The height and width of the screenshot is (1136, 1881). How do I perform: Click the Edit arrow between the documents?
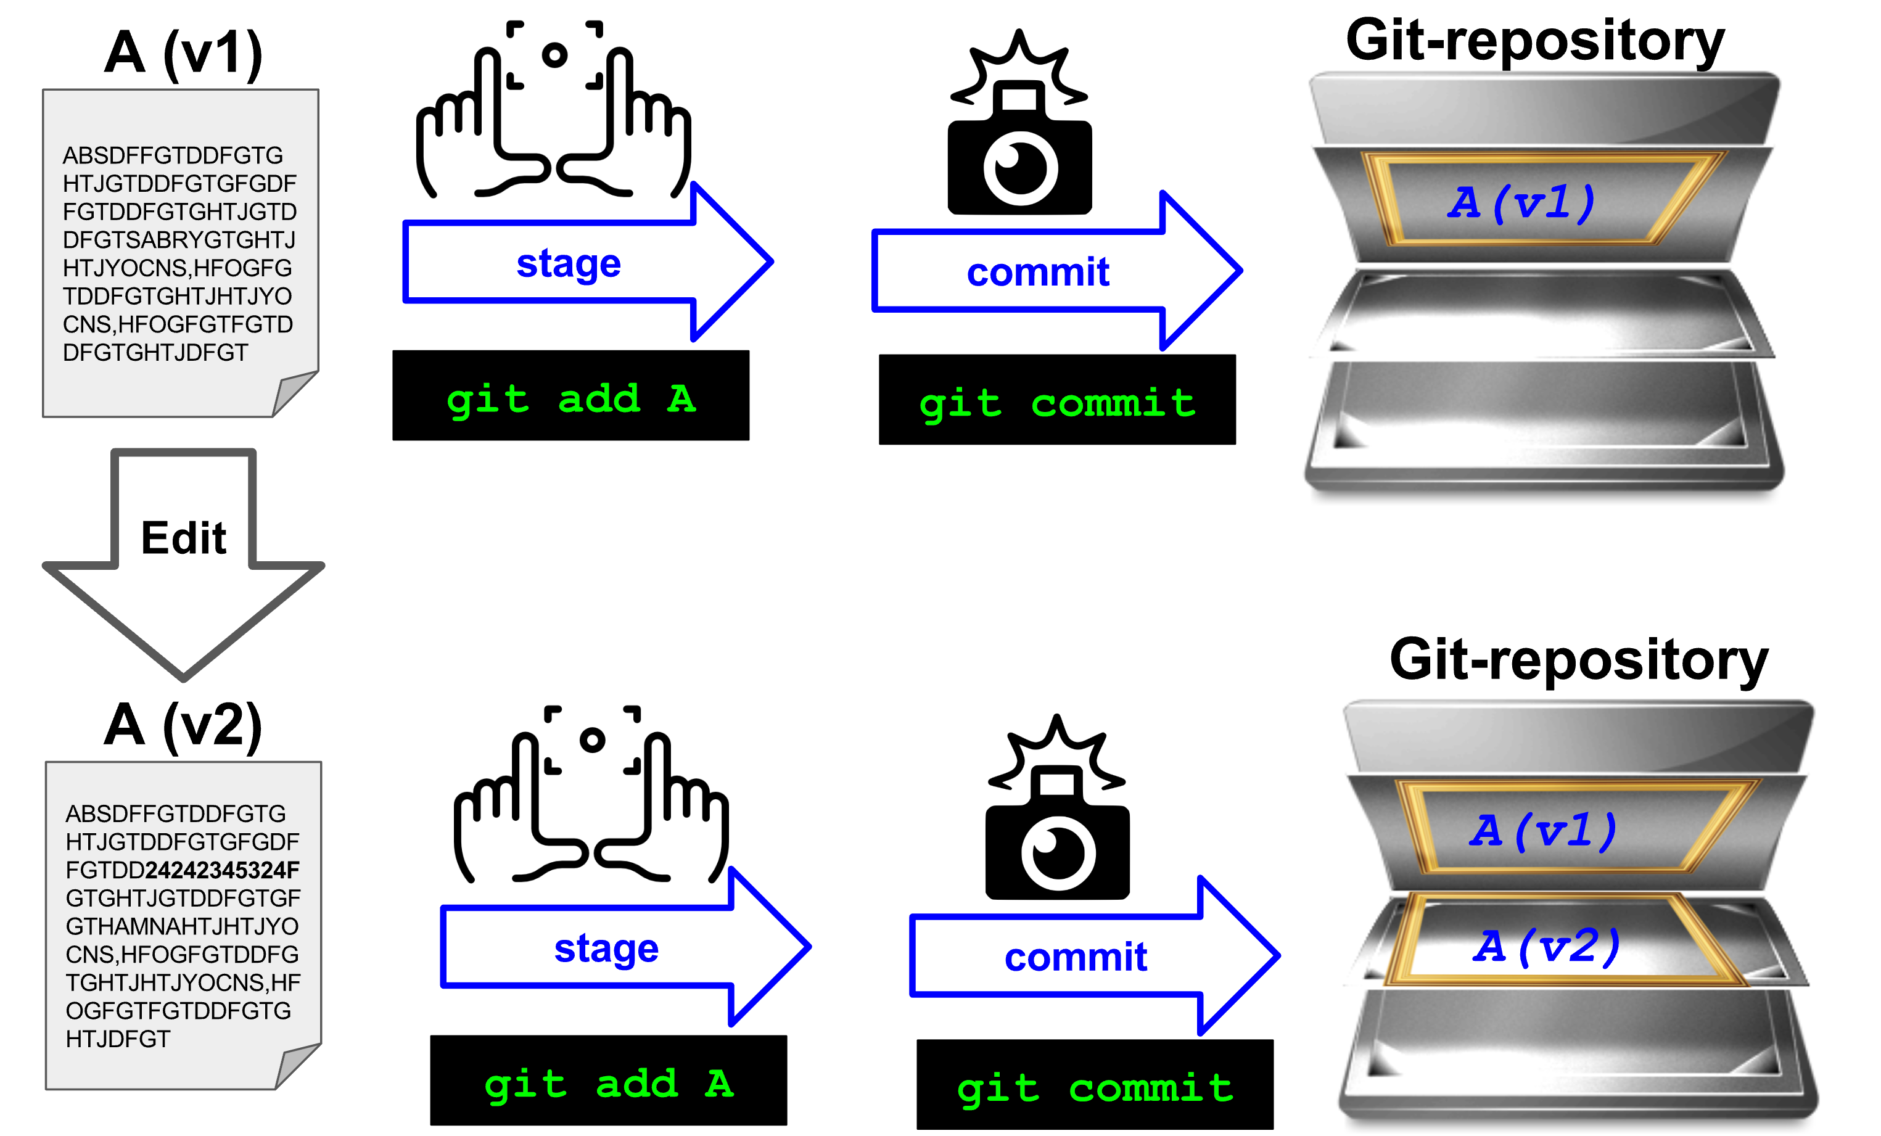(183, 549)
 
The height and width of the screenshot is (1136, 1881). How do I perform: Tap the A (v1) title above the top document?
(183, 54)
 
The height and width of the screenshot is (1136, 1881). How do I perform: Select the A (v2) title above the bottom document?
(183, 725)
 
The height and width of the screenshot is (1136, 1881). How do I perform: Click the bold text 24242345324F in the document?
(222, 870)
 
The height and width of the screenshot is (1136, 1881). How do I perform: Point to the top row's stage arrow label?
(569, 264)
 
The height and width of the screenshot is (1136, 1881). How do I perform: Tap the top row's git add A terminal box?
(571, 396)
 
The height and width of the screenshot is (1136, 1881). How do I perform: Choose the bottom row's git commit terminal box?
(1095, 1085)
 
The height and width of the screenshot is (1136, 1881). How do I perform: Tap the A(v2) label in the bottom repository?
(1546, 947)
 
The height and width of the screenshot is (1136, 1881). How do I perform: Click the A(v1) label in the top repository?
(1521, 203)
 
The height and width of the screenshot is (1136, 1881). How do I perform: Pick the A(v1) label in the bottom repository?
(1543, 831)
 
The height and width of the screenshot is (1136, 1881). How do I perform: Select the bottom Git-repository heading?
(1579, 660)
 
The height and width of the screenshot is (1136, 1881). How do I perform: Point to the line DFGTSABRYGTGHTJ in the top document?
(179, 241)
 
